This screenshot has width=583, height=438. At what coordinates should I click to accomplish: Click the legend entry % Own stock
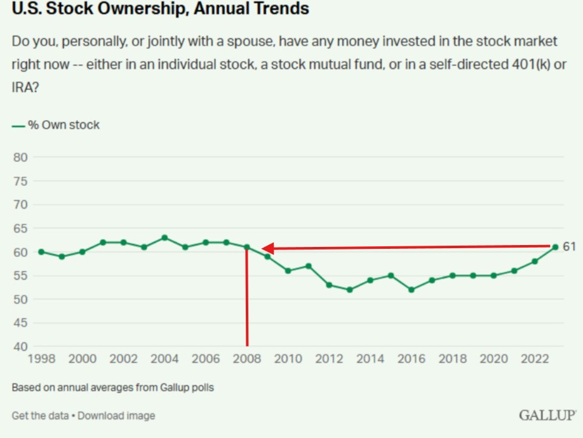63,125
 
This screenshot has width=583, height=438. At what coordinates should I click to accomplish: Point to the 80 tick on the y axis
20,157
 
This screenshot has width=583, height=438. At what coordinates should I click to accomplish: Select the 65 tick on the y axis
20,229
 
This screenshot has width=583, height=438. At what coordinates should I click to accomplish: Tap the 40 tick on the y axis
20,347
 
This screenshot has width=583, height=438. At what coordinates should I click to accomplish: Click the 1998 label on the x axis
41,359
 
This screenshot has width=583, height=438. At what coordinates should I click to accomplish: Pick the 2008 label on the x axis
247,359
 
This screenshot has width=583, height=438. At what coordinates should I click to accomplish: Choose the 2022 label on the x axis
535,359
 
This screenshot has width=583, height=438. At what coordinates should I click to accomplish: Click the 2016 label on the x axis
412,359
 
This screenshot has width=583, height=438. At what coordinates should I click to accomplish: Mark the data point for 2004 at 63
164,238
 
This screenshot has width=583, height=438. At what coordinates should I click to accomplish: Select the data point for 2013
350,289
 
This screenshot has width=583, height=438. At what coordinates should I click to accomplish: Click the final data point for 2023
555,247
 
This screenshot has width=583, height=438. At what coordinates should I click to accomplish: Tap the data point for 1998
41,252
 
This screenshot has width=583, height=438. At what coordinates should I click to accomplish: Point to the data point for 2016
412,289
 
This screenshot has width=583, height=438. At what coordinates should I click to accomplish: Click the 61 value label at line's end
569,247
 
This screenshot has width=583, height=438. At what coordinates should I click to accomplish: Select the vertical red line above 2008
246,298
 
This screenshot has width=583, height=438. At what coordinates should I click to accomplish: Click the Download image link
116,416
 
